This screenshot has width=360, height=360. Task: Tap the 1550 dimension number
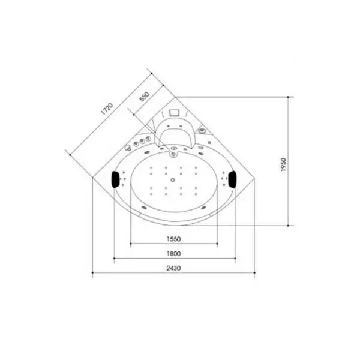coord(173,238)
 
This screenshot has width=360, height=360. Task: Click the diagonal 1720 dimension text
coord(106,108)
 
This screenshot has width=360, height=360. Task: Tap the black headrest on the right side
coord(232,178)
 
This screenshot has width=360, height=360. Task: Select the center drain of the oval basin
coord(173,179)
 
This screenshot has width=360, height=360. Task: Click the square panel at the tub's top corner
coord(175,112)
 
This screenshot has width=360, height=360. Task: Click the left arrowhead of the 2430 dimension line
coord(93,275)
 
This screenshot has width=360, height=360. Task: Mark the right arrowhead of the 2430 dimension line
coord(254,275)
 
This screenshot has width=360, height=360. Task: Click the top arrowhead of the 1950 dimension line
coord(290,97)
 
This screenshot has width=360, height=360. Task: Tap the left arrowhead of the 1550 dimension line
coord(130,244)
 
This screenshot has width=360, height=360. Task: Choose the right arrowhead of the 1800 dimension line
coord(235,260)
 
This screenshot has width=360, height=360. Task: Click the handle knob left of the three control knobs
coord(128,148)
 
